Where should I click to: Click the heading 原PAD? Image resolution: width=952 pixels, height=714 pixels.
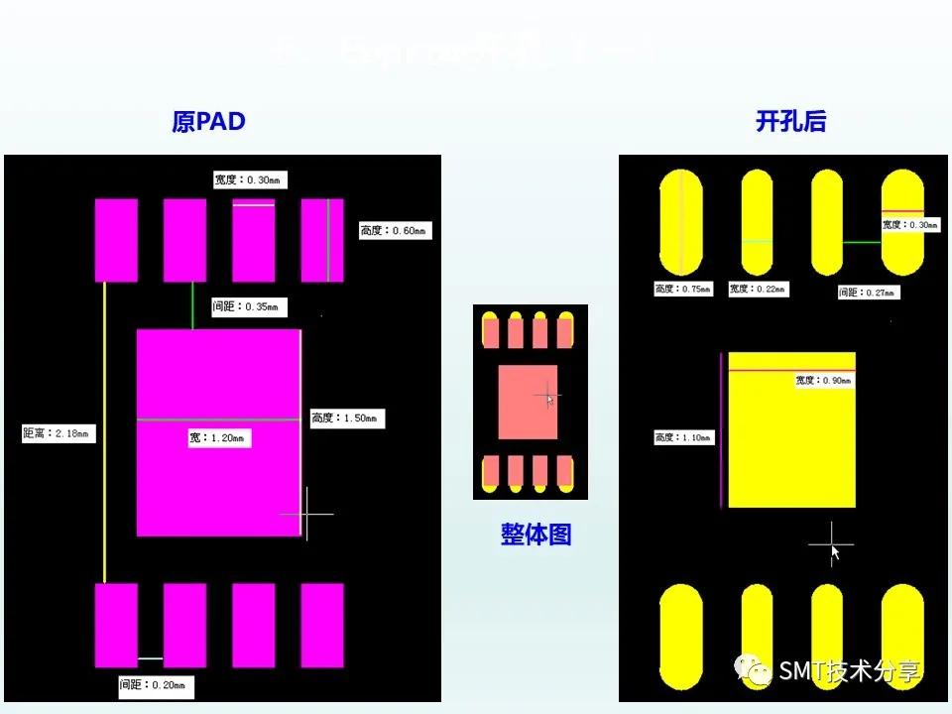[208, 122]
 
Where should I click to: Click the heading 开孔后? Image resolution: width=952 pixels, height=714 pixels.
[790, 122]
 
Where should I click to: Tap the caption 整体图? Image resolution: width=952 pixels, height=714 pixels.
[535, 535]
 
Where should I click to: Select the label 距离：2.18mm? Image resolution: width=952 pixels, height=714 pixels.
[59, 433]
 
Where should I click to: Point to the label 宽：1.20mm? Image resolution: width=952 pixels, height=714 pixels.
[219, 437]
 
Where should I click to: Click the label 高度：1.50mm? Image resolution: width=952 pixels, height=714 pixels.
[346, 418]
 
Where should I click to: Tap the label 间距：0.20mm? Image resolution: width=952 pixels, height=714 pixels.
[156, 685]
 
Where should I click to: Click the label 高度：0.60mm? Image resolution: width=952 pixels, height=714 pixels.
[395, 231]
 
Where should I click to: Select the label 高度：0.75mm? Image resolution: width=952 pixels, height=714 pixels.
[684, 290]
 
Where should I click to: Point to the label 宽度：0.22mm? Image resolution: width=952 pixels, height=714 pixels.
[759, 290]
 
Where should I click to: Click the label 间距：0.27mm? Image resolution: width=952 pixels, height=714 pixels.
[869, 293]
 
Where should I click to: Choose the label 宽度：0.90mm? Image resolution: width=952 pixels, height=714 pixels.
[824, 380]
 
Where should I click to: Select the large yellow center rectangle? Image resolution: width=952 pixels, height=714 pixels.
[791, 446]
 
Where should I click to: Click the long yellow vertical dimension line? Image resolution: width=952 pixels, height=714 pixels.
[104, 432]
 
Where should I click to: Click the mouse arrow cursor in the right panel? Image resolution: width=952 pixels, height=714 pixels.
[835, 552]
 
